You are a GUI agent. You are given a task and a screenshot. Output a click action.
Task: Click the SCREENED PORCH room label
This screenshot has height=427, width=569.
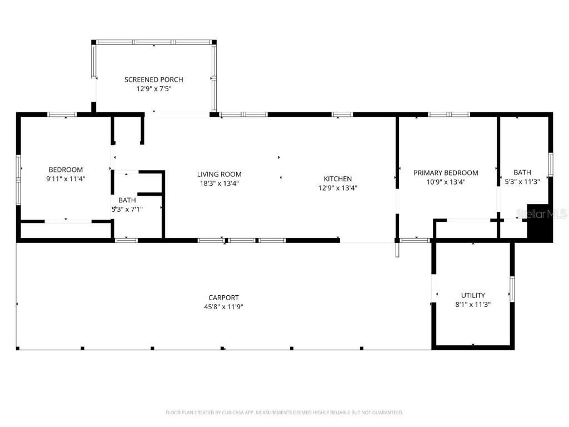point(153,80)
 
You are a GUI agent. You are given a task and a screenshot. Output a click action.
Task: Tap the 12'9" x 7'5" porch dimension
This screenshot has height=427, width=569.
point(153,88)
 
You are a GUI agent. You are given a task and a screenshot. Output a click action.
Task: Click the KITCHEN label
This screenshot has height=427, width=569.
point(338,178)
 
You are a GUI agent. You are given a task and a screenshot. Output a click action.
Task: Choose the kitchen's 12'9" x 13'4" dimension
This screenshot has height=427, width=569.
point(338,187)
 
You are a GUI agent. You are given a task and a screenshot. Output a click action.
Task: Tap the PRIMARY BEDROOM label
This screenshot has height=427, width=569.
point(446,173)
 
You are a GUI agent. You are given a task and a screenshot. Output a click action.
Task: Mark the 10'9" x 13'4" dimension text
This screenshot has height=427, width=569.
point(446,182)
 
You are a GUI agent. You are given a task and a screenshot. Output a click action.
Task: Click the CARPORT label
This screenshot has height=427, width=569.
point(223,297)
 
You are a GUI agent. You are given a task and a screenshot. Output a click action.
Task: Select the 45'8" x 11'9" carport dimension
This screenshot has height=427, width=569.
point(223,306)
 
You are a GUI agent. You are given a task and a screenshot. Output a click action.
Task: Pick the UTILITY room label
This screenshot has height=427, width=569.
point(473,295)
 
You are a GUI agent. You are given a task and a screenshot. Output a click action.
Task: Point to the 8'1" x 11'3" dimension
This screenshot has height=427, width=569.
point(473,304)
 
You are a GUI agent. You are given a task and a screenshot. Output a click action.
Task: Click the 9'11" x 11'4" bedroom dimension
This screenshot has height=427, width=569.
point(66,178)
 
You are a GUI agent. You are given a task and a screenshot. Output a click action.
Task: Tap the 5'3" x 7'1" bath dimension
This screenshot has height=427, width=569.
point(127,209)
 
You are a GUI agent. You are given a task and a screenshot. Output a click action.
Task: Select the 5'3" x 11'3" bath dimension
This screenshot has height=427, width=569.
point(522,181)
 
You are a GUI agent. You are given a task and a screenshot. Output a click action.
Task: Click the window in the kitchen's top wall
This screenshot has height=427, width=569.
point(342,115)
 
